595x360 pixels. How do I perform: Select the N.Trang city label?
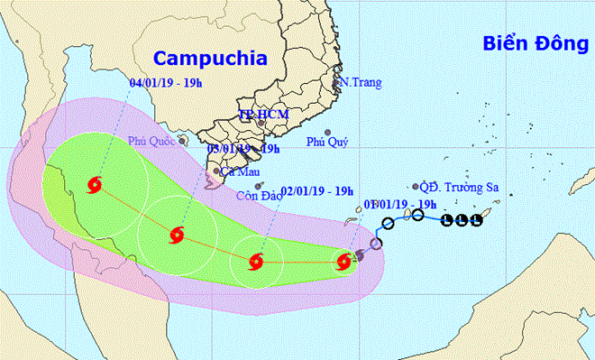[x=362, y=83]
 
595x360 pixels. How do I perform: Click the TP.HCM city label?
[x=258, y=115]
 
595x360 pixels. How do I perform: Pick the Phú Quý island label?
[x=325, y=141]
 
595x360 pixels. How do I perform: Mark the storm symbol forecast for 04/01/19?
[x=95, y=187]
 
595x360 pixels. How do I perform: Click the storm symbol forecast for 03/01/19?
[x=176, y=236]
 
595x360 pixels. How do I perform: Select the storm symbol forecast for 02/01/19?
[x=253, y=263]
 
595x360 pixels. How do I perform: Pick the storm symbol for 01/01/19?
[x=343, y=263]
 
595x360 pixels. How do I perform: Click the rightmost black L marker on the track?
[x=475, y=222]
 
